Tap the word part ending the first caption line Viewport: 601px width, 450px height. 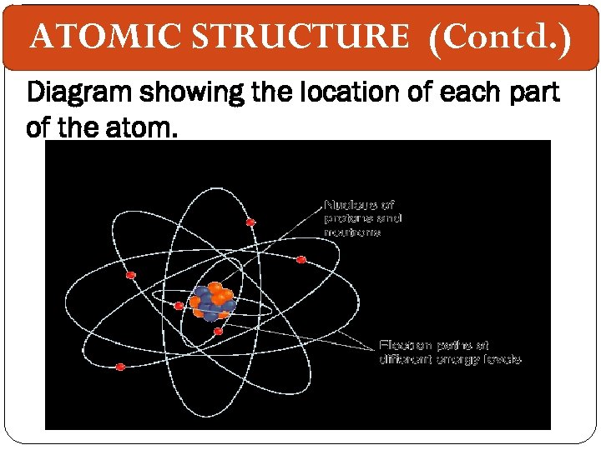531,93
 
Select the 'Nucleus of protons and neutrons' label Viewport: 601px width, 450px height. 363,218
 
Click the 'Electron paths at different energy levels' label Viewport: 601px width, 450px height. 450,352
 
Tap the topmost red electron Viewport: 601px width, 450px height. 250,222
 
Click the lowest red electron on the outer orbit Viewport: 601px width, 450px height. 120,367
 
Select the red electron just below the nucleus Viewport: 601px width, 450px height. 218,332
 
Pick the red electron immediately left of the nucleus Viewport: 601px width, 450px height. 179,306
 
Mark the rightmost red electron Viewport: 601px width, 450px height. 300,259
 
